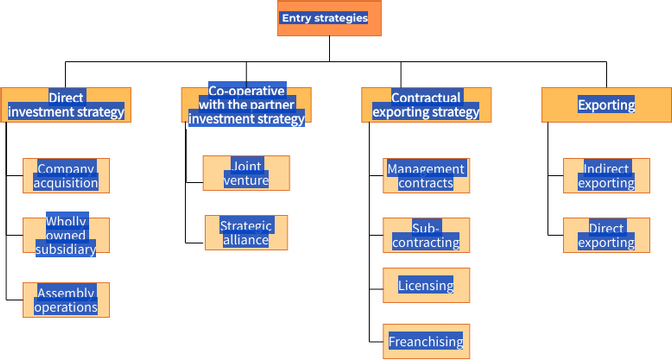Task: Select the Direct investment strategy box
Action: point(66,104)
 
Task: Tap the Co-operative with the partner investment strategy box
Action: point(246,104)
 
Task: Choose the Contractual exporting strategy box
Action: point(426,104)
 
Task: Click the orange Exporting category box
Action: point(606,104)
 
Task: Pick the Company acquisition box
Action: point(66,175)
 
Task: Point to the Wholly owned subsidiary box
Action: point(66,235)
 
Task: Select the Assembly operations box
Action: point(66,299)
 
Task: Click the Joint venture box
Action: point(246,172)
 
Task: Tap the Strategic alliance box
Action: point(246,232)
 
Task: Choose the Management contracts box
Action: point(426,175)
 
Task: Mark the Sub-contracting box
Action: point(426,235)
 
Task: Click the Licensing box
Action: point(426,285)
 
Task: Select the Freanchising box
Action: point(426,341)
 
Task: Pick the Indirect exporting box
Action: point(606,175)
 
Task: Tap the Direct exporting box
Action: point(606,235)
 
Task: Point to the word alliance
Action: point(246,240)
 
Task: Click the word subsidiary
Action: point(66,249)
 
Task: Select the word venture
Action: point(246,180)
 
